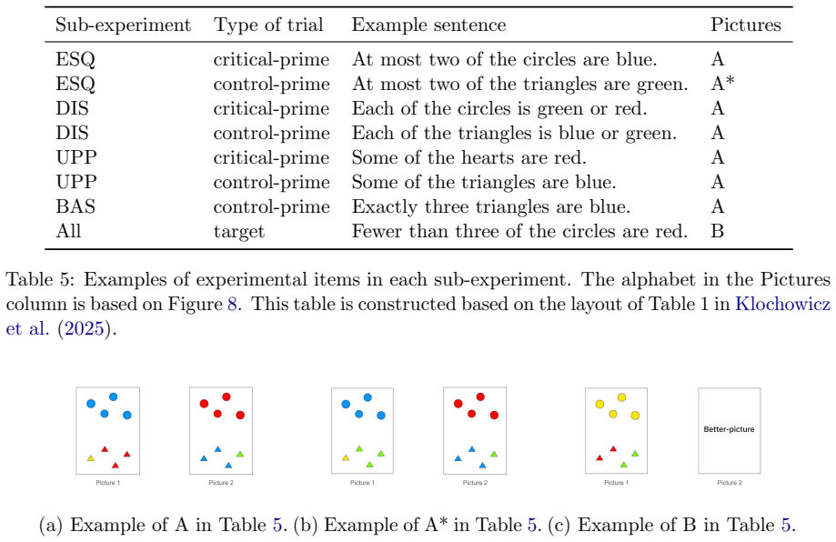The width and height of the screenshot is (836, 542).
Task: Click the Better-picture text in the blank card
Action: [x=729, y=429]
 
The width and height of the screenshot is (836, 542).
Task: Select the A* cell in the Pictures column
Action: [x=722, y=84]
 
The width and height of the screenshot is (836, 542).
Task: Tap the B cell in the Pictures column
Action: [x=717, y=231]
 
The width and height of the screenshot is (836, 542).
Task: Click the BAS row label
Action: [x=76, y=206]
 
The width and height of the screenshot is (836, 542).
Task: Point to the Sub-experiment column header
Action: [x=123, y=25]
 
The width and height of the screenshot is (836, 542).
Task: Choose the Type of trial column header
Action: [x=268, y=25]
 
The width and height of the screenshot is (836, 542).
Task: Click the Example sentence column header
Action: [x=428, y=25]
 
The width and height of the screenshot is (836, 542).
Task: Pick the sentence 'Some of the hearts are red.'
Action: [x=468, y=157]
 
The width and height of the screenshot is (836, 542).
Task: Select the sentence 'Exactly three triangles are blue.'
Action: [x=490, y=206]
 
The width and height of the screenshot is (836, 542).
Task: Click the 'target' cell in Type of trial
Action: [x=239, y=232]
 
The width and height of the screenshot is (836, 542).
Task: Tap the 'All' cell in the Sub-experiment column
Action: [x=68, y=231]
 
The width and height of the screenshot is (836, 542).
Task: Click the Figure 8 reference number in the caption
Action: [x=232, y=304]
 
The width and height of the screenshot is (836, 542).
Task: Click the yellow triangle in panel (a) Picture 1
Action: [x=91, y=458]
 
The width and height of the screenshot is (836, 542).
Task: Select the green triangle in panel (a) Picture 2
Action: [x=240, y=454]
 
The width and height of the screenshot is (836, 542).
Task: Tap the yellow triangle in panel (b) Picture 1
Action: [x=346, y=457]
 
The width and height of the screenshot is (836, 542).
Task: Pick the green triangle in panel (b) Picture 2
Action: [x=494, y=454]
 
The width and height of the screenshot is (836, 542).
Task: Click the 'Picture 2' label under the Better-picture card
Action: [x=730, y=483]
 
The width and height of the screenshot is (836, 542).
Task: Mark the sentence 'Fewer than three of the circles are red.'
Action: [x=519, y=231]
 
